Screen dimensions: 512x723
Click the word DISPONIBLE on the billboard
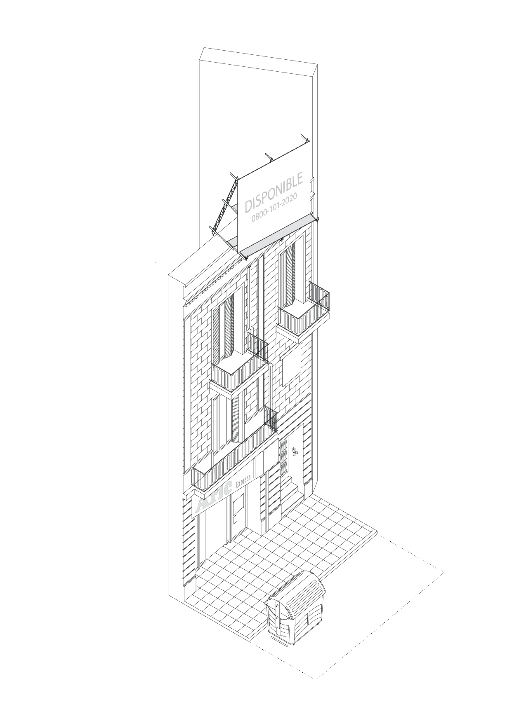[274, 192]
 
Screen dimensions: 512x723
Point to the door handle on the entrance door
[294, 451]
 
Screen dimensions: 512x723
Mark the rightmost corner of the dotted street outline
[444, 572]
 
